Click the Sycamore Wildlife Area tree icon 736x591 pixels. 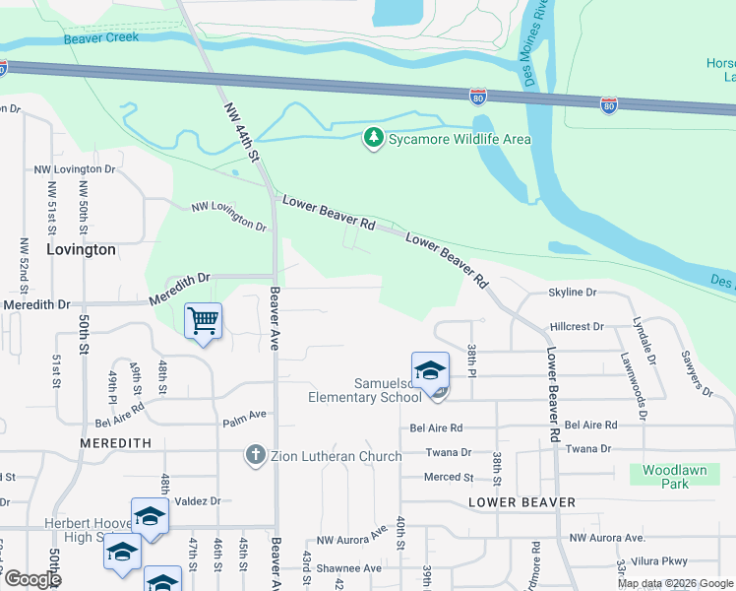click(x=373, y=139)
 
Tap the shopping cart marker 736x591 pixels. click(x=203, y=320)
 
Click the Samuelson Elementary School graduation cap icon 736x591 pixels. click(x=430, y=370)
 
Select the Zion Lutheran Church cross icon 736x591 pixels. click(x=255, y=455)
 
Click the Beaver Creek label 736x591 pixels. click(x=101, y=38)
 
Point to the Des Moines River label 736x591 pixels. click(x=541, y=43)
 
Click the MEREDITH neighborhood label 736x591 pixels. click(x=116, y=444)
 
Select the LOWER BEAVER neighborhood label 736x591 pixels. click(x=521, y=502)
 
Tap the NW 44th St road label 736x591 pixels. click(x=240, y=132)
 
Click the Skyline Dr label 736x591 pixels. click(x=572, y=293)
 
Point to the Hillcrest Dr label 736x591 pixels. click(x=577, y=325)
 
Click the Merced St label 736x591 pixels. click(x=449, y=477)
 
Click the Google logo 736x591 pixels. click(x=32, y=579)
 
